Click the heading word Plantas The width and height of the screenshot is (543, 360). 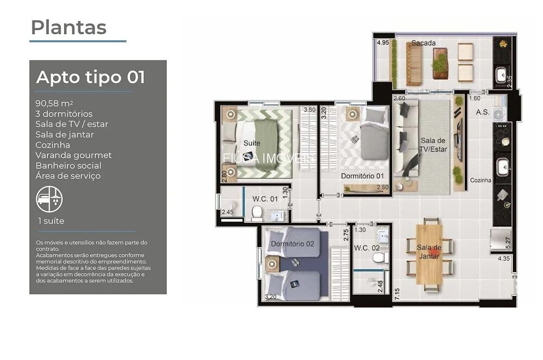pyautogui.click(x=68, y=27)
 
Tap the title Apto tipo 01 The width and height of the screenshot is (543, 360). pyautogui.click(x=91, y=77)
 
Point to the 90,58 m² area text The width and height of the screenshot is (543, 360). pyautogui.click(x=54, y=103)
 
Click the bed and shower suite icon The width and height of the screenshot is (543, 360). pyautogui.click(x=49, y=199)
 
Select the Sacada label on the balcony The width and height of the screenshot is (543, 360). pyautogui.click(x=424, y=43)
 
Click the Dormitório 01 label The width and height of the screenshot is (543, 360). pyautogui.click(x=362, y=176)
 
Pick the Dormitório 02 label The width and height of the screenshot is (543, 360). pyautogui.click(x=293, y=244)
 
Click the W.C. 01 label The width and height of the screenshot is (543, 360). pyautogui.click(x=265, y=199)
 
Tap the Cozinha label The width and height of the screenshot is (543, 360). pyautogui.click(x=481, y=180)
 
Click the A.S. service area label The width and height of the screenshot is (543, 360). pyautogui.click(x=483, y=112)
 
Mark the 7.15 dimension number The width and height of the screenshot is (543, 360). pyautogui.click(x=397, y=293)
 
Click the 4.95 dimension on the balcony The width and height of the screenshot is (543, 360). pyautogui.click(x=383, y=42)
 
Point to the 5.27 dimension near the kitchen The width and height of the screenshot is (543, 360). pyautogui.click(x=508, y=243)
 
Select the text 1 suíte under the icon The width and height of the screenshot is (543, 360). pyautogui.click(x=51, y=221)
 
